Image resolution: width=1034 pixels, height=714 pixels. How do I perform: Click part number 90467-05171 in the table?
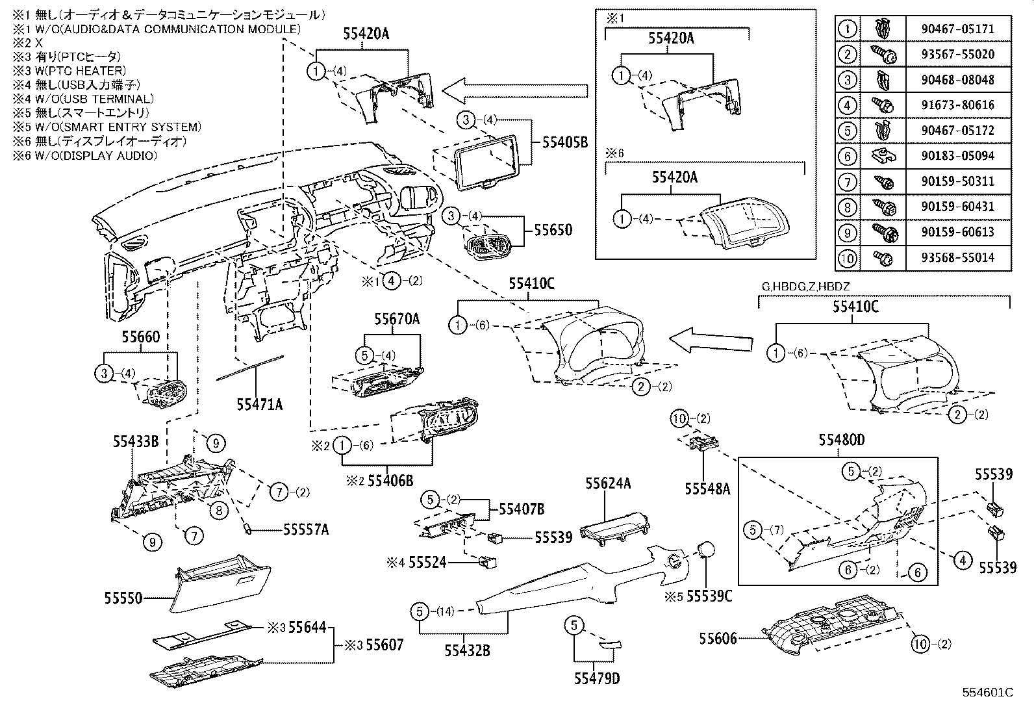point(957,29)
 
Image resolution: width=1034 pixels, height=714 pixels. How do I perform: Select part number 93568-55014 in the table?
point(957,257)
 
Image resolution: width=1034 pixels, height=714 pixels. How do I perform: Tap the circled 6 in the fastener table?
point(848,156)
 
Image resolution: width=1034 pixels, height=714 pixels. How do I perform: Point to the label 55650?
point(553,230)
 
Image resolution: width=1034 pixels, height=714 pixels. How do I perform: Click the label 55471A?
point(259,404)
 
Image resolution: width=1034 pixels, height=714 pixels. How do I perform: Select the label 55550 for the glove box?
point(123,596)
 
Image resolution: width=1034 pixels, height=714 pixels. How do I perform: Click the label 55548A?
point(707,489)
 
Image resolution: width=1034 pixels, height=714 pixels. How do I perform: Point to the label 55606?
point(718,639)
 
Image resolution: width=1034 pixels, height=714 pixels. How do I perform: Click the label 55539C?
point(709,595)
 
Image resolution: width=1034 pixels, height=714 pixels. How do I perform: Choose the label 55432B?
point(468,649)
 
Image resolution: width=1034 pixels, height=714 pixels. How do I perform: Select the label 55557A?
point(305,529)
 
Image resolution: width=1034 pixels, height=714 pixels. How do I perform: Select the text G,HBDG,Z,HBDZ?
point(805,287)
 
